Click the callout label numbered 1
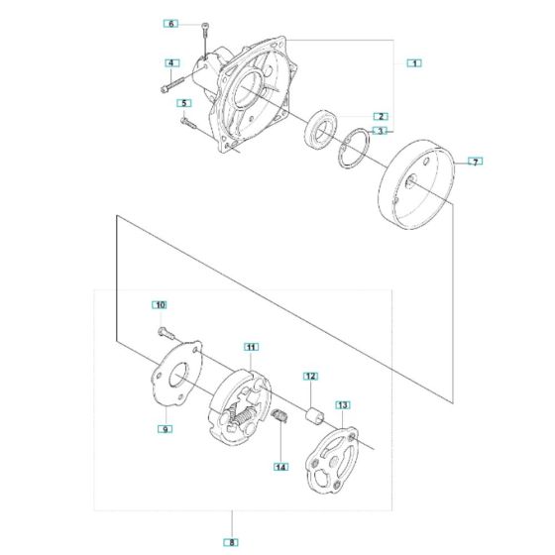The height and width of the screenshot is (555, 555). coord(414,62)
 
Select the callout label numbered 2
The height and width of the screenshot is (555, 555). coord(380,116)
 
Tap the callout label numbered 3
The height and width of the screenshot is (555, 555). coord(380,130)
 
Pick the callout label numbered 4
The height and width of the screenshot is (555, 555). coord(171,63)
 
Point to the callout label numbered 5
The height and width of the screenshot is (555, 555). coord(183,102)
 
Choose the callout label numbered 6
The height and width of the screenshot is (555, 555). coord(171,23)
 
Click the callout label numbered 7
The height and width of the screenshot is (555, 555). coord(474,161)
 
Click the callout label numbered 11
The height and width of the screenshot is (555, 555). coord(252,346)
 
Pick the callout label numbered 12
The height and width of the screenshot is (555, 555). coord(310,376)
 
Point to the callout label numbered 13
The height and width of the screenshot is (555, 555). coord(343,404)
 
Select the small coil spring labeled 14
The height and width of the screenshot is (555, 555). coord(280,417)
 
